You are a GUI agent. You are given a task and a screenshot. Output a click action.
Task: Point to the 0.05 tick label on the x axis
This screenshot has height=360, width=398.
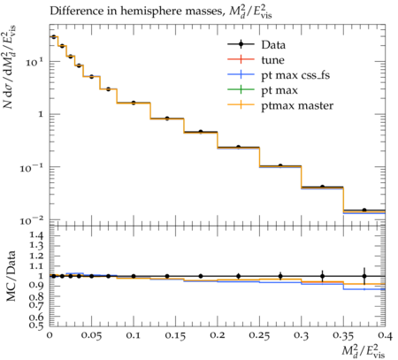(x=91, y=335)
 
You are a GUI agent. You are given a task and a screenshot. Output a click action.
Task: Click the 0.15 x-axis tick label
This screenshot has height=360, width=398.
(x=175, y=335)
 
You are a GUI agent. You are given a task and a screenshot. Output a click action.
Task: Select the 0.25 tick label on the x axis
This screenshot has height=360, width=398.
(x=259, y=335)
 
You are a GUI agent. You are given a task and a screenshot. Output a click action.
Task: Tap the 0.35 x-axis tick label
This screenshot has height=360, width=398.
(x=343, y=335)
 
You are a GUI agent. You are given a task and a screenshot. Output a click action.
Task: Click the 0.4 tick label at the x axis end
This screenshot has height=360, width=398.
(x=385, y=335)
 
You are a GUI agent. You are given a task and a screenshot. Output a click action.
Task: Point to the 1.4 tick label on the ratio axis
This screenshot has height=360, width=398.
(x=36, y=235)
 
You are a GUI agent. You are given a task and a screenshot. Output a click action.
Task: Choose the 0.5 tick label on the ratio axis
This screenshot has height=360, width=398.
(x=36, y=325)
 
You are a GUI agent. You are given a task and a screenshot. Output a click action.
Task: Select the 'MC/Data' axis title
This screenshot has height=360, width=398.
(x=11, y=276)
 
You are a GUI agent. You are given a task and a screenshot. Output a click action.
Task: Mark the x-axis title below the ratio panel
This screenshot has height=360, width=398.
(x=364, y=350)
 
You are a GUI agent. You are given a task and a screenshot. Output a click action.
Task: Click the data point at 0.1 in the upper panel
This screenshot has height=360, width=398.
(x=134, y=103)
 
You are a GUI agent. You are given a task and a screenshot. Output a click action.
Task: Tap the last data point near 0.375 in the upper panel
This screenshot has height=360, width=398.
(x=364, y=210)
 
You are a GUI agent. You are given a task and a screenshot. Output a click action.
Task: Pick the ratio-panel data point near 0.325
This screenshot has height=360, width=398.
(x=323, y=276)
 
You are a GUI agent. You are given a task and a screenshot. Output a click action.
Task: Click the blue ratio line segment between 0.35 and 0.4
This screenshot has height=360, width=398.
(x=364, y=289)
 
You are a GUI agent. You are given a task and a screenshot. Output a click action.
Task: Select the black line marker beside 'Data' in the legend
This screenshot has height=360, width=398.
(x=241, y=44)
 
